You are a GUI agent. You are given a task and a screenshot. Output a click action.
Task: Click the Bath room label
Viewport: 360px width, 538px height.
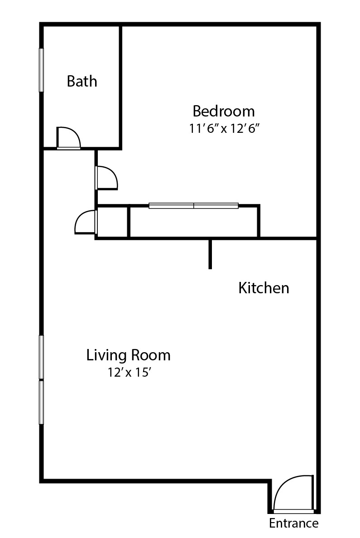82,82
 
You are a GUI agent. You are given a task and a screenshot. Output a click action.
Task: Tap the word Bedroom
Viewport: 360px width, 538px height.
224,111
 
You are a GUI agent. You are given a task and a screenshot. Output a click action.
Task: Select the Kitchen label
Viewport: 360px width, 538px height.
264,288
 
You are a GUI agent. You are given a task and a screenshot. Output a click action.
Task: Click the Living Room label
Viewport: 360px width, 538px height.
129,355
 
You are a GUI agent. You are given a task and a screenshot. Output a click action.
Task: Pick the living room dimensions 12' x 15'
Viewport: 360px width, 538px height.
129,373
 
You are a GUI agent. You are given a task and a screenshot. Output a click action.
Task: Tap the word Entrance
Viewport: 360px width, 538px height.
293,523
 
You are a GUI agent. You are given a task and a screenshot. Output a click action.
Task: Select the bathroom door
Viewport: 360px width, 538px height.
68,138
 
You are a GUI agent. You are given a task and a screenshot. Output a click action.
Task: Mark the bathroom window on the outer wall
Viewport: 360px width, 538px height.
41,70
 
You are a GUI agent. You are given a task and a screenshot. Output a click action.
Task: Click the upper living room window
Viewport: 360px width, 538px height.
41,357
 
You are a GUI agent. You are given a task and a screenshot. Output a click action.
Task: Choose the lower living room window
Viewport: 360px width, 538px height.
41,402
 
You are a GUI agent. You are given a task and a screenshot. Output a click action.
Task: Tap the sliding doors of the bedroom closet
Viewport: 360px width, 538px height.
193,206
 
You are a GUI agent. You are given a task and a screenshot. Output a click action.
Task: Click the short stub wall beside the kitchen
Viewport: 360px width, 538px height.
210,254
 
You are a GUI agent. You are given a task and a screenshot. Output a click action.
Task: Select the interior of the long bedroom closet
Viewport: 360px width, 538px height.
194,223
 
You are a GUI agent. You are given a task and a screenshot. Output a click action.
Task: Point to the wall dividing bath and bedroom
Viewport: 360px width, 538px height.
120,86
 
